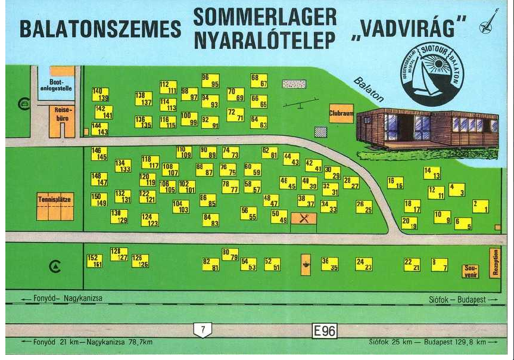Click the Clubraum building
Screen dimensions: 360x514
click(x=341, y=113)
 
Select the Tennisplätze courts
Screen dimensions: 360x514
click(x=55, y=206)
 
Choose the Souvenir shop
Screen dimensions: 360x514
click(x=471, y=271)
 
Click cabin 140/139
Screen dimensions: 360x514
click(x=101, y=94)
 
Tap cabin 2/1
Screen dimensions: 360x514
click(x=481, y=206)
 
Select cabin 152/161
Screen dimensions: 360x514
click(x=95, y=260)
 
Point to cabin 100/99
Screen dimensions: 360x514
click(x=189, y=119)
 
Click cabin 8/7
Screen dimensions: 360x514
click(x=440, y=265)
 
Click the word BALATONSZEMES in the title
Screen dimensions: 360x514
click(x=100, y=28)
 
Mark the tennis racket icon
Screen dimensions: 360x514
click(x=488, y=22)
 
